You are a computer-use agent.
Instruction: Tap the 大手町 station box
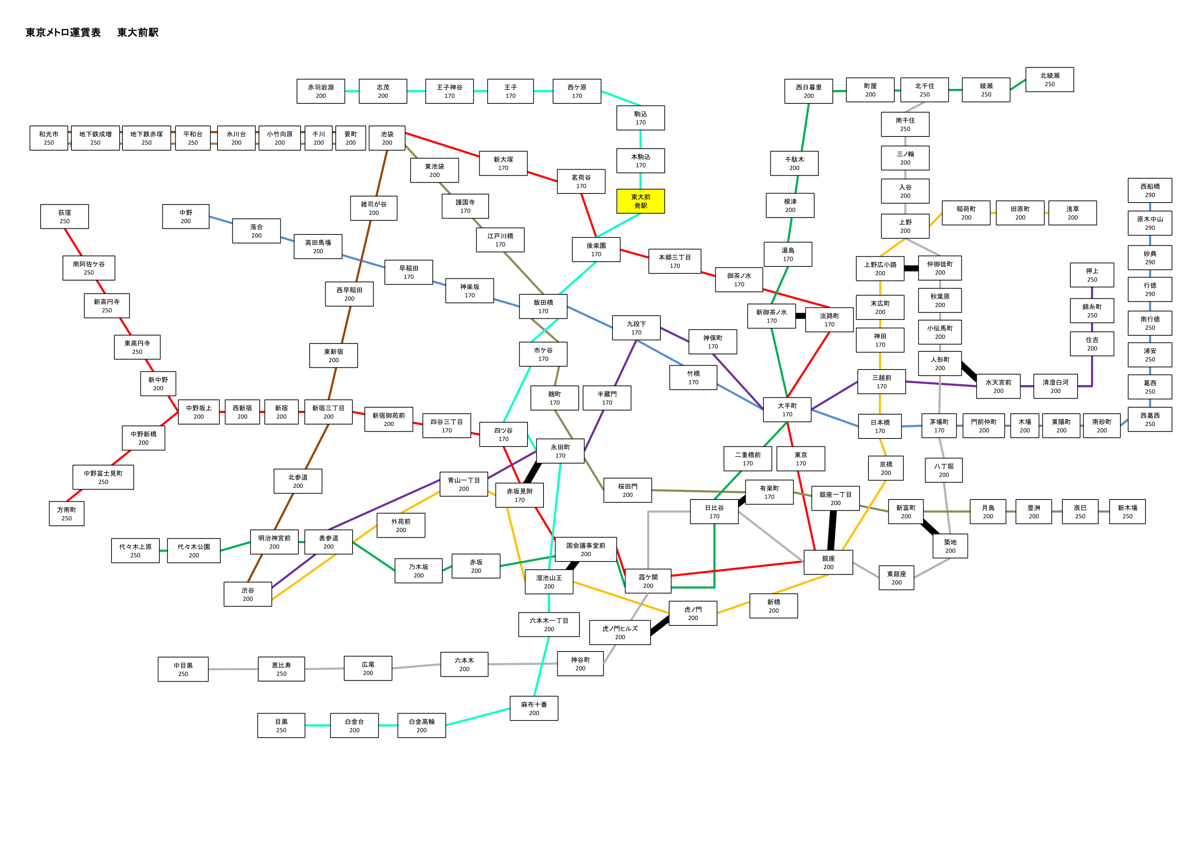[787, 409]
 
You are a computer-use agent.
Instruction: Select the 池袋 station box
[387, 138]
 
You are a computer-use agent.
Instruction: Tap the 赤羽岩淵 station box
[321, 91]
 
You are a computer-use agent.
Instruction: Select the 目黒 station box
[281, 726]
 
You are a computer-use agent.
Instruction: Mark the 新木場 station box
[1127, 511]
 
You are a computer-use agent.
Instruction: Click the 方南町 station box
[66, 514]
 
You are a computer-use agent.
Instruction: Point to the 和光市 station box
[49, 138]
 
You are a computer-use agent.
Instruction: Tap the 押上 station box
[1092, 275]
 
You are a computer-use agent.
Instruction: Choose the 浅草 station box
[1072, 213]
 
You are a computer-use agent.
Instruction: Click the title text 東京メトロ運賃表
[63, 32]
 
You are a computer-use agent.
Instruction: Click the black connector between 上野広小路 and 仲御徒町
[911, 268]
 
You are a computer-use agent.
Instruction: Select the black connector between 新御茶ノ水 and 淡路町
[800, 316]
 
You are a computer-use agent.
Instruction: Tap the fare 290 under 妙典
[1150, 262]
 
